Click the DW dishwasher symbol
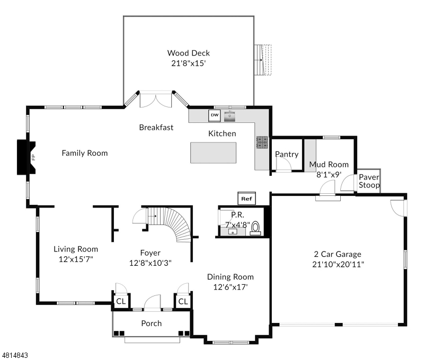click(x=215, y=115)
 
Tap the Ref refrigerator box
click(x=246, y=199)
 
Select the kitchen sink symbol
click(x=229, y=116)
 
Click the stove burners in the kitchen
click(x=262, y=142)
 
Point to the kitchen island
click(x=213, y=153)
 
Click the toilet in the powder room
click(x=255, y=228)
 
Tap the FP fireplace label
click(x=33, y=157)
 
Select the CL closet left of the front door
click(x=121, y=301)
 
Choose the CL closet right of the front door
click(x=183, y=301)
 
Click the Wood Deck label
click(x=189, y=53)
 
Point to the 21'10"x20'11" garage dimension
click(x=338, y=264)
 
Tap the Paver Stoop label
click(x=369, y=181)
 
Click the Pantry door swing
click(x=284, y=164)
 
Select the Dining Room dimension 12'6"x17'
click(x=231, y=287)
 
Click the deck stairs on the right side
click(x=263, y=60)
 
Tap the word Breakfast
click(x=156, y=128)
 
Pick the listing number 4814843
click(x=15, y=355)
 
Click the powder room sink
click(x=233, y=232)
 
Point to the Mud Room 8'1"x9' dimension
click(x=329, y=175)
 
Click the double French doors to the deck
click(x=156, y=100)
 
